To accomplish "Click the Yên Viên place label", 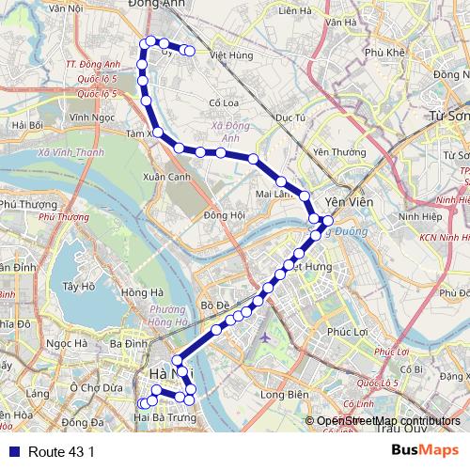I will [343, 202].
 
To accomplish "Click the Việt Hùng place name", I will [232, 55].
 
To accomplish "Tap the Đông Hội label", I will [224, 215].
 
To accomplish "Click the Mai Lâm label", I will [274, 195].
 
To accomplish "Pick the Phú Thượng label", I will [22, 203].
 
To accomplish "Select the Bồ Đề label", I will [215, 305].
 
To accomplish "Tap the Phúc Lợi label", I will [345, 331].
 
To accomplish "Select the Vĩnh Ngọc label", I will [90, 117].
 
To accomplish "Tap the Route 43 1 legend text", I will [60, 451].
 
